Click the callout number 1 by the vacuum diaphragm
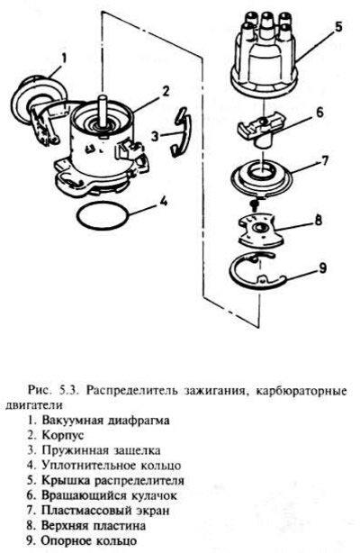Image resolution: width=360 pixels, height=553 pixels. click(64, 59)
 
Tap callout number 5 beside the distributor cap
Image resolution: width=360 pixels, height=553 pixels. click(337, 27)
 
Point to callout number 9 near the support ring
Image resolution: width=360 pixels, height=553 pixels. click(322, 267)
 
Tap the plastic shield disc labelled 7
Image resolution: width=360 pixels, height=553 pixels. click(262, 178)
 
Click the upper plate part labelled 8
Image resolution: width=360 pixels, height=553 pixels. click(259, 230)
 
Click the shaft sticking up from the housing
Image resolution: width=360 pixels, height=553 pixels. click(103, 111)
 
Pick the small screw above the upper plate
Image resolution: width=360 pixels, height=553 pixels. click(255, 204)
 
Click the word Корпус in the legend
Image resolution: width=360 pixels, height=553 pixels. click(63, 435)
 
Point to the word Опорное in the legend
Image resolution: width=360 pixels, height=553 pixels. click(64, 541)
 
